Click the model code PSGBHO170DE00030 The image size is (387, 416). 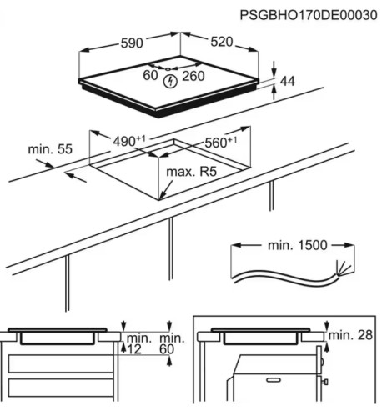coord(309,14)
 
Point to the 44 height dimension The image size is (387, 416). coord(289,81)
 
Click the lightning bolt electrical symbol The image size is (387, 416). coord(171,80)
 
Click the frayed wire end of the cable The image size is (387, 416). coord(339,269)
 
